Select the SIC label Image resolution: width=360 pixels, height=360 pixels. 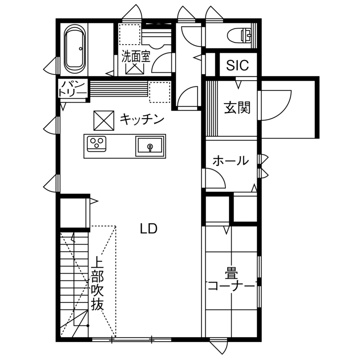pos(237,65)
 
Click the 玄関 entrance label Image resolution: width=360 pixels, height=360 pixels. pos(237,108)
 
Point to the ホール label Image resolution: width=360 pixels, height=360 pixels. pos(231,161)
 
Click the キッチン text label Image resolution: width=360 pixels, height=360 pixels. pos(142,119)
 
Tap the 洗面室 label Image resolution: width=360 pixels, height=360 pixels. pos(136,57)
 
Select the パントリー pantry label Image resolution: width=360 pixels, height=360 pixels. pos(72,88)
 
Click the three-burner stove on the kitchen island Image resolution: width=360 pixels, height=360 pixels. pos(97,143)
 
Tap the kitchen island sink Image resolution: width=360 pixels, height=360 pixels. pos(150,146)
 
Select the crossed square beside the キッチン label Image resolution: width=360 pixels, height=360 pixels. pos(104,120)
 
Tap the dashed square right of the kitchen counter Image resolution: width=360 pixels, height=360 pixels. pos(160,92)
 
